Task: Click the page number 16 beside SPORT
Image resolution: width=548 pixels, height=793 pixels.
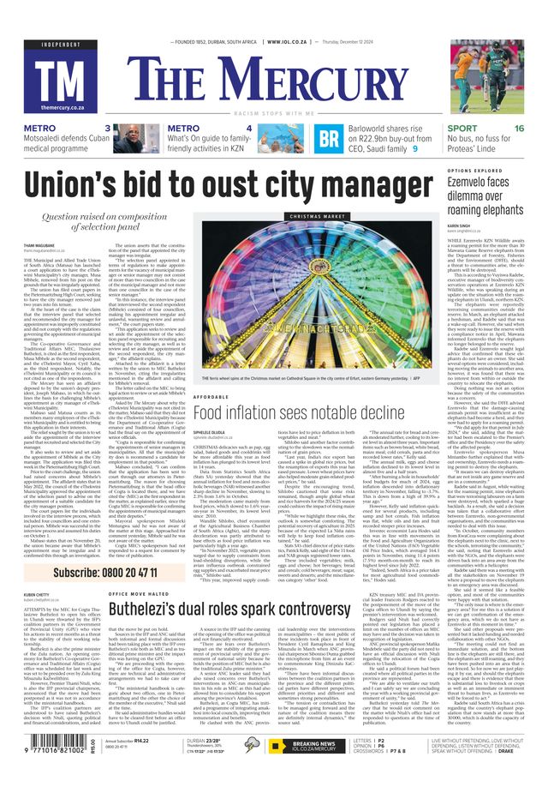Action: point(519,128)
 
